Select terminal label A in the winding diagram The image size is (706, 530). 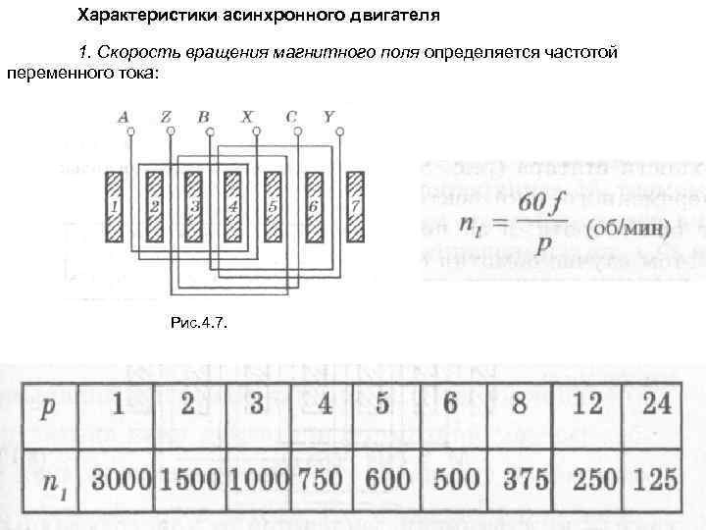124,117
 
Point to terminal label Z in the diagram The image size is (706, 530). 168,117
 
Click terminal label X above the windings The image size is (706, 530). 246,117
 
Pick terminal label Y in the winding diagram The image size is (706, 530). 328,117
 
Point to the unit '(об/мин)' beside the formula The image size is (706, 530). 628,230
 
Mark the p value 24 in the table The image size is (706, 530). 653,404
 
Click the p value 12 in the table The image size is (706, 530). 586,404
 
